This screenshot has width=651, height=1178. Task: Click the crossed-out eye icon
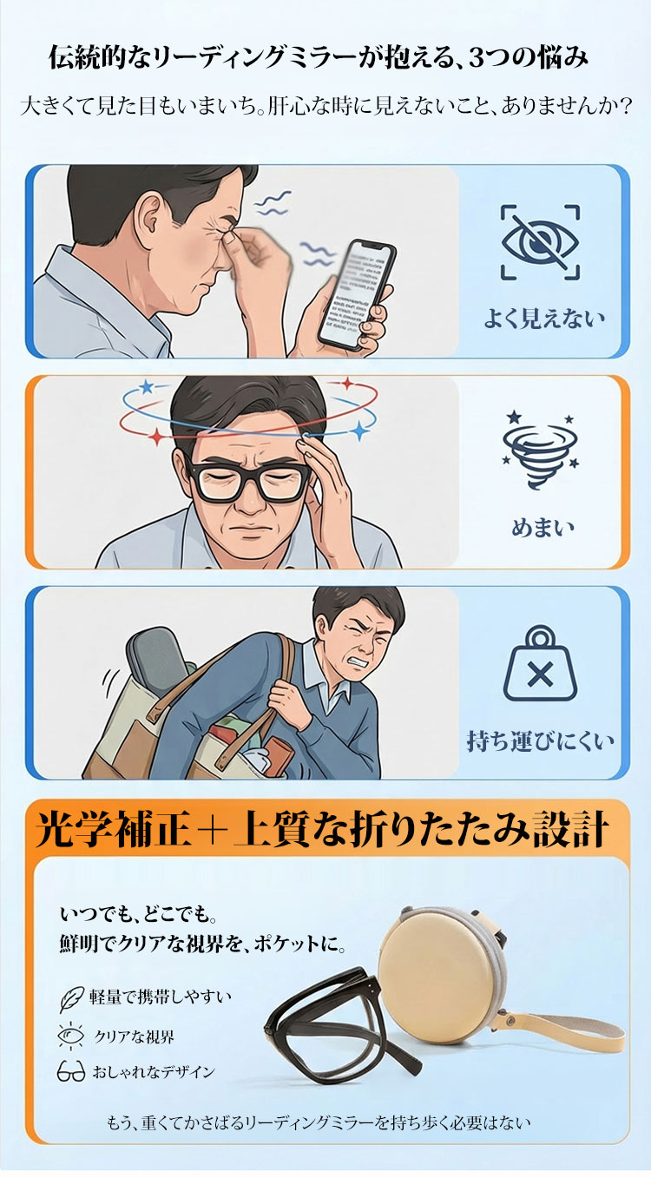(x=540, y=242)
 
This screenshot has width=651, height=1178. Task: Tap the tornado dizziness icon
(x=540, y=451)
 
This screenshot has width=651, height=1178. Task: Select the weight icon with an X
(x=540, y=663)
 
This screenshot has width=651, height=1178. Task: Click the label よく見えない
(x=544, y=319)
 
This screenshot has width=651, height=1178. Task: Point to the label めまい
(x=543, y=528)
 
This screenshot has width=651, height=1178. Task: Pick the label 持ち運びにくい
(x=540, y=741)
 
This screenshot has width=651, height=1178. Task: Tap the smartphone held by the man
(x=358, y=294)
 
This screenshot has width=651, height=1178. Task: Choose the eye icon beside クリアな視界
(x=70, y=1036)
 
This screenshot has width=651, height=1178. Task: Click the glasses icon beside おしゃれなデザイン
(x=71, y=1071)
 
